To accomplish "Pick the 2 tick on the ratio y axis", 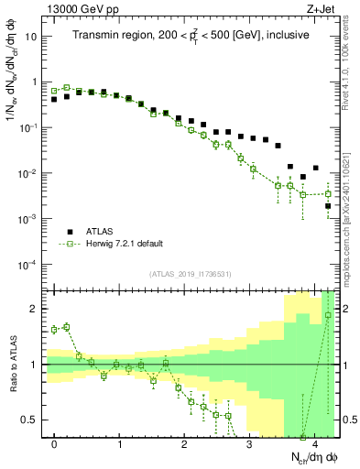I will click(x=36, y=309).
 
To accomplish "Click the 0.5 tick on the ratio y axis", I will click(x=32, y=420).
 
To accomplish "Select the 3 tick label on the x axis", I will click(x=249, y=442).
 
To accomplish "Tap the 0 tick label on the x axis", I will click(x=55, y=442).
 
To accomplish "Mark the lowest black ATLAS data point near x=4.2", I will click(x=328, y=207).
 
